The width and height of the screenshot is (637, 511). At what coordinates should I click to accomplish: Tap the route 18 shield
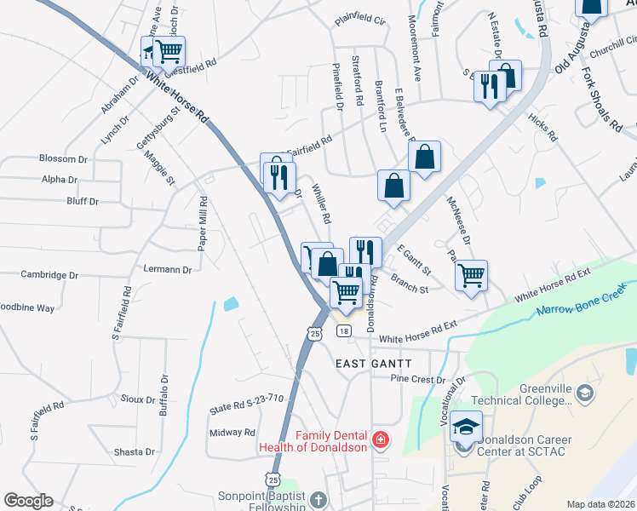[x=344, y=331]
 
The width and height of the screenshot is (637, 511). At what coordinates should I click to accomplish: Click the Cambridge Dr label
[x=49, y=276]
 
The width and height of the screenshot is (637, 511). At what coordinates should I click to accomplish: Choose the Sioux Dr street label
[x=138, y=397]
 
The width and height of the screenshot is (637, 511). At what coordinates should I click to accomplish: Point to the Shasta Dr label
[x=136, y=452]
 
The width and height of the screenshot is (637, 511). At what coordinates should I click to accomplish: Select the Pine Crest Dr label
[x=417, y=379]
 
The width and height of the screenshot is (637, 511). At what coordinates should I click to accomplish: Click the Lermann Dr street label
[x=169, y=270]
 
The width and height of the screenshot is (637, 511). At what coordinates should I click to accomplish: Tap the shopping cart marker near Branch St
[x=470, y=276]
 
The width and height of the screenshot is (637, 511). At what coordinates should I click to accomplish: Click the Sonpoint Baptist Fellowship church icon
[x=318, y=500]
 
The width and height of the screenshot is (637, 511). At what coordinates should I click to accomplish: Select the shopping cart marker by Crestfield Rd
[x=169, y=51]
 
